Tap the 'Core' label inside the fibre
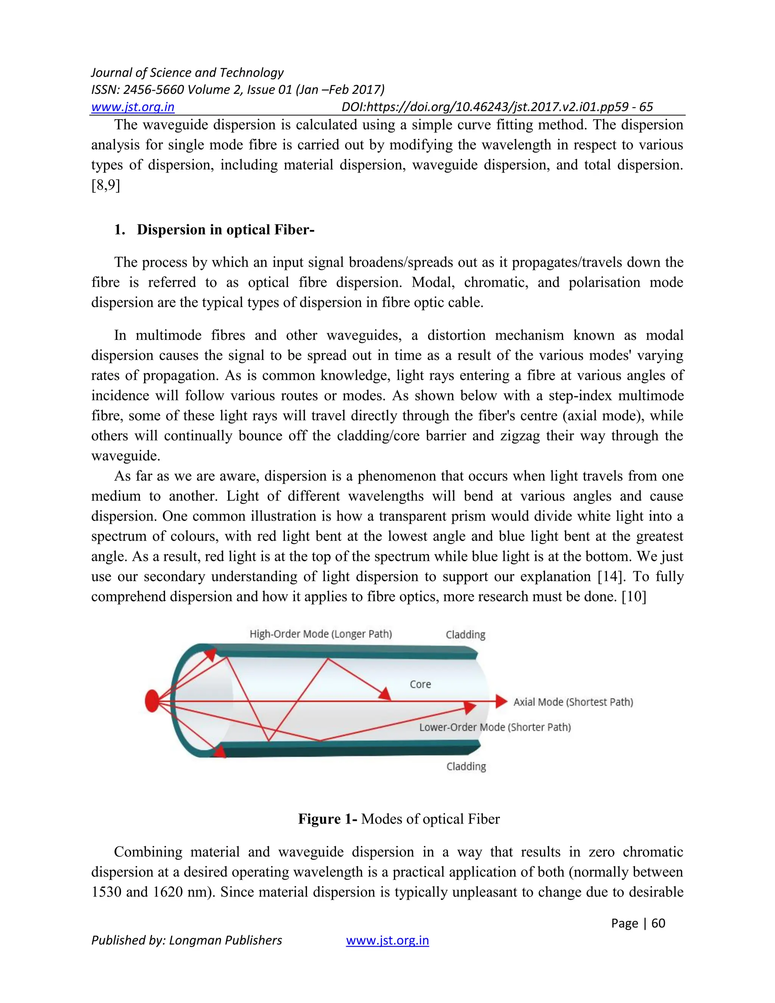[420, 684]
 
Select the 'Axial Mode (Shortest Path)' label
[573, 702]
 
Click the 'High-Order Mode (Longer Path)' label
[321, 634]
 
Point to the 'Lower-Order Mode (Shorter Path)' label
[495, 727]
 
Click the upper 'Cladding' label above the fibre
[465, 635]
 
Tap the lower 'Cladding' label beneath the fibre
[466, 766]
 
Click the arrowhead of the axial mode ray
[501, 701]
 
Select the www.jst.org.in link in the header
[133, 107]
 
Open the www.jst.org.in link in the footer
[387, 940]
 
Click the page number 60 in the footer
[658, 923]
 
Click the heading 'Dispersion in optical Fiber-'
[225, 230]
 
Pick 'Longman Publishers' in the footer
[226, 940]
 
